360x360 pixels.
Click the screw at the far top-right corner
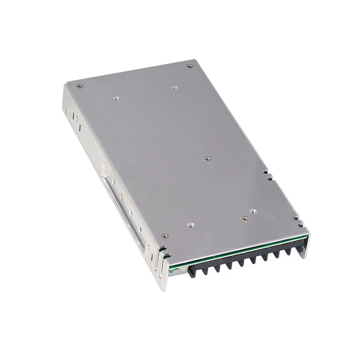[x=190, y=65]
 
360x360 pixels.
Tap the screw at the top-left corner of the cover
[x=80, y=85]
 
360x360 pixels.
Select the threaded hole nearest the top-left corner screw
[x=116, y=97]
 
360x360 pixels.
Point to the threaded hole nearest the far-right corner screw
[x=175, y=88]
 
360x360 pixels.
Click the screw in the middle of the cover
[x=207, y=159]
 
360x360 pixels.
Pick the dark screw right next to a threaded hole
[x=244, y=218]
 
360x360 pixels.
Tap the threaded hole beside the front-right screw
[x=253, y=211]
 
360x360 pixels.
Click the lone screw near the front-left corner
[x=165, y=236]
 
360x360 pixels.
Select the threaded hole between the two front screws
[x=190, y=225]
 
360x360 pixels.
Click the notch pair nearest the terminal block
[x=296, y=218]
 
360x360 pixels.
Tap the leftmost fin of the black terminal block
[x=192, y=272]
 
